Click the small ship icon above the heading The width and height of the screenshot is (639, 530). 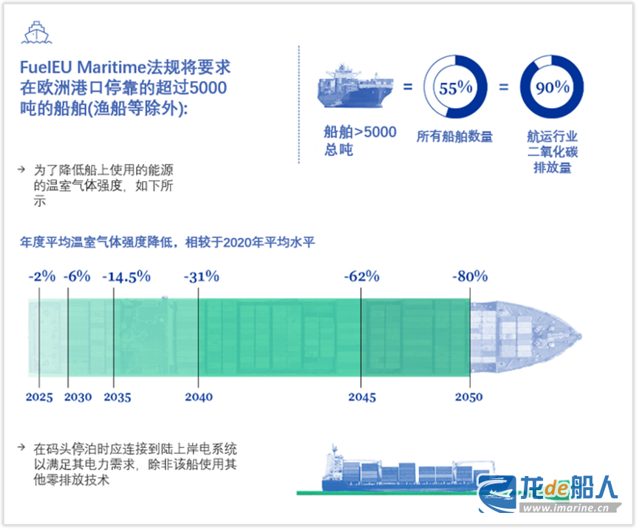point(36,33)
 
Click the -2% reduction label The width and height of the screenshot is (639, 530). point(42,276)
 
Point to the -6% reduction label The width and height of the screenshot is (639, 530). point(77,276)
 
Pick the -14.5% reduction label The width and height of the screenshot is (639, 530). point(126,276)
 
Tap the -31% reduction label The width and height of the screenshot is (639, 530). point(202,276)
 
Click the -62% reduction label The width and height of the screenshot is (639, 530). point(362,276)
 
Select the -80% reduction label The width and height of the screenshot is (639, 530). point(470,276)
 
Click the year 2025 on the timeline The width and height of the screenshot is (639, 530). point(39,397)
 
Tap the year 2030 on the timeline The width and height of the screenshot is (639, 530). point(78,397)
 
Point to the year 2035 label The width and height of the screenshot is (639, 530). point(117,397)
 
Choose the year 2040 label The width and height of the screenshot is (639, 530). point(199,397)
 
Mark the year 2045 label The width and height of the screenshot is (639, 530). point(362,397)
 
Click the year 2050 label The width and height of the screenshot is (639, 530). point(468,397)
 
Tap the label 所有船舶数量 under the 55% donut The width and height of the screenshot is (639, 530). point(454,136)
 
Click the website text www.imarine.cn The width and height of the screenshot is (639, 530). point(566,508)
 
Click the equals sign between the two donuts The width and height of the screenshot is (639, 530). point(504,86)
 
